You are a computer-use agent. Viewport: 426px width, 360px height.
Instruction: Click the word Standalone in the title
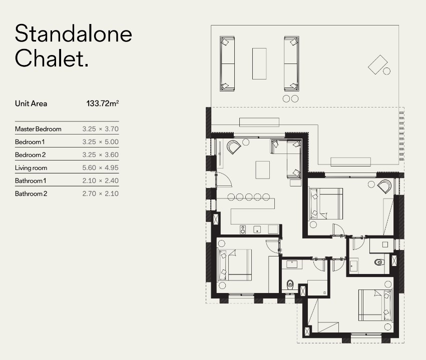74,33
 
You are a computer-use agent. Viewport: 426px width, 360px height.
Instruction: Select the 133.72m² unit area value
103,103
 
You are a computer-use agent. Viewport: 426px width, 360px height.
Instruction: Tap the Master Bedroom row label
38,129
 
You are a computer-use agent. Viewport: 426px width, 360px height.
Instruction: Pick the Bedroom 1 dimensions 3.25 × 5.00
101,142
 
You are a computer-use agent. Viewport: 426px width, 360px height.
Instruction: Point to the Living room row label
31,168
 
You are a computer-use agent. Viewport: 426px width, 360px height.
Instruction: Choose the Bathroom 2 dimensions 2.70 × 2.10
101,193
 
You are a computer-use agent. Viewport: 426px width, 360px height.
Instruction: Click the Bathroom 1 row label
31,180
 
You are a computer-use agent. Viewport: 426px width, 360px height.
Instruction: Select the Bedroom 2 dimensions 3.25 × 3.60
101,155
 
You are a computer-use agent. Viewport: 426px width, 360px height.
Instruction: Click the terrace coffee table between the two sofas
259,64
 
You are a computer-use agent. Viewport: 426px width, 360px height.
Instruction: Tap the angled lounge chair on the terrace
377,64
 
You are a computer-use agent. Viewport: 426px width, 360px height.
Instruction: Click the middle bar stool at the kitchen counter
249,197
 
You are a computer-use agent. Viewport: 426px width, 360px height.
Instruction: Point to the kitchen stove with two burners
243,229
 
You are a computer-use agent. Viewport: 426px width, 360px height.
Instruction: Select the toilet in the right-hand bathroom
379,262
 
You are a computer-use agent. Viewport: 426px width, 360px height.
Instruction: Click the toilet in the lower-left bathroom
290,284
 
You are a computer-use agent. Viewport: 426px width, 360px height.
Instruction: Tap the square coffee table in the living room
262,170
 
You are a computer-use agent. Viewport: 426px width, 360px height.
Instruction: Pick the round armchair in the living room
234,147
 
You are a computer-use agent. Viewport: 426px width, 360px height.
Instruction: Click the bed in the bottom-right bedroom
375,305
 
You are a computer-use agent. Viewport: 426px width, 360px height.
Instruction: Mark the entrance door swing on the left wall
224,179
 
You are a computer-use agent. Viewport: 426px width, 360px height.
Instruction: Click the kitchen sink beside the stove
257,229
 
